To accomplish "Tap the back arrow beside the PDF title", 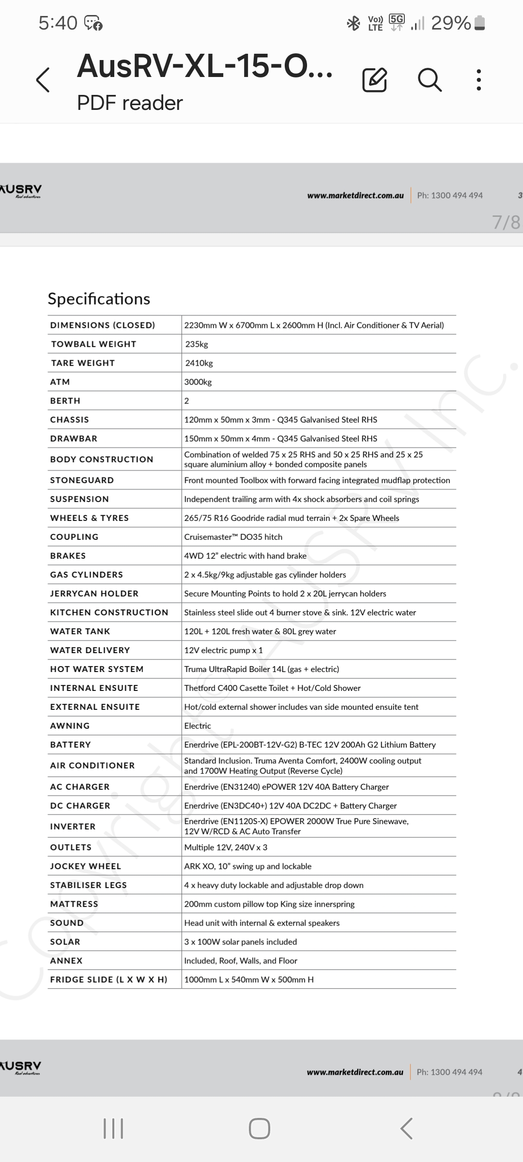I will (43, 80).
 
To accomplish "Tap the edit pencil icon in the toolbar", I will (374, 80).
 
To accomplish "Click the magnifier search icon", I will (429, 80).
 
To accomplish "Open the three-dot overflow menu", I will (478, 80).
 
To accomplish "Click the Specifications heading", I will (99, 299).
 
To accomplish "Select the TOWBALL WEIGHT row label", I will (93, 344).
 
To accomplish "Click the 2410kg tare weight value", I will (199, 363).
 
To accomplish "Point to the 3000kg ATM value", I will (198, 382).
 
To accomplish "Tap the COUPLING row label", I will (74, 537).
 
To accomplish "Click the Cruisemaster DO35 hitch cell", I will (233, 537).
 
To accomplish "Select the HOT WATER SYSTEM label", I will (97, 669).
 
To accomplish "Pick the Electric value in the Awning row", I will (198, 726).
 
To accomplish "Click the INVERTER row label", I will (73, 826).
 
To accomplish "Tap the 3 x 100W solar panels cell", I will (240, 942).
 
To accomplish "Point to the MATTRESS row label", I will (74, 904).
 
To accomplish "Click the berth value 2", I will (187, 401).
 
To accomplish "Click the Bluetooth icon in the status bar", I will (354, 23).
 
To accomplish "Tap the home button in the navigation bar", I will (260, 1129).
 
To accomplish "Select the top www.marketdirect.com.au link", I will (355, 196).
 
